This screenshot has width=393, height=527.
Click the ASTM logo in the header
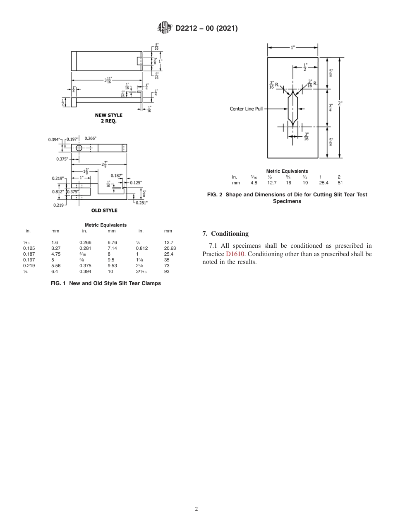(165, 28)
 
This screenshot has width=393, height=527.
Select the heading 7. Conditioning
(225, 234)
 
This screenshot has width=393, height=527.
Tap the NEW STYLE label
(109, 115)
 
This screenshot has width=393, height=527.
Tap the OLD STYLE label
(104, 210)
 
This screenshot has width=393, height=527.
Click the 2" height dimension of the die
(340, 104)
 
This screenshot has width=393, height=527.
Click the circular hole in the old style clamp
(79, 148)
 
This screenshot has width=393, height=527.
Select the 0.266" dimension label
(91, 138)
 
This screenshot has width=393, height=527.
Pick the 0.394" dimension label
(54, 140)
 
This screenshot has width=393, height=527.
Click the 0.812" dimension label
(58, 191)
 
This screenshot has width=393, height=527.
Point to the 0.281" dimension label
(141, 203)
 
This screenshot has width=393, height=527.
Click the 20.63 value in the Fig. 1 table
(170, 248)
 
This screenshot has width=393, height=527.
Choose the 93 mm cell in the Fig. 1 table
(167, 271)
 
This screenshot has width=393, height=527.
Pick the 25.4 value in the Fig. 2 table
(324, 183)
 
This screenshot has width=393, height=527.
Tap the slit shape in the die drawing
(292, 109)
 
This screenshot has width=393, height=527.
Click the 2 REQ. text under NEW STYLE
(109, 121)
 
